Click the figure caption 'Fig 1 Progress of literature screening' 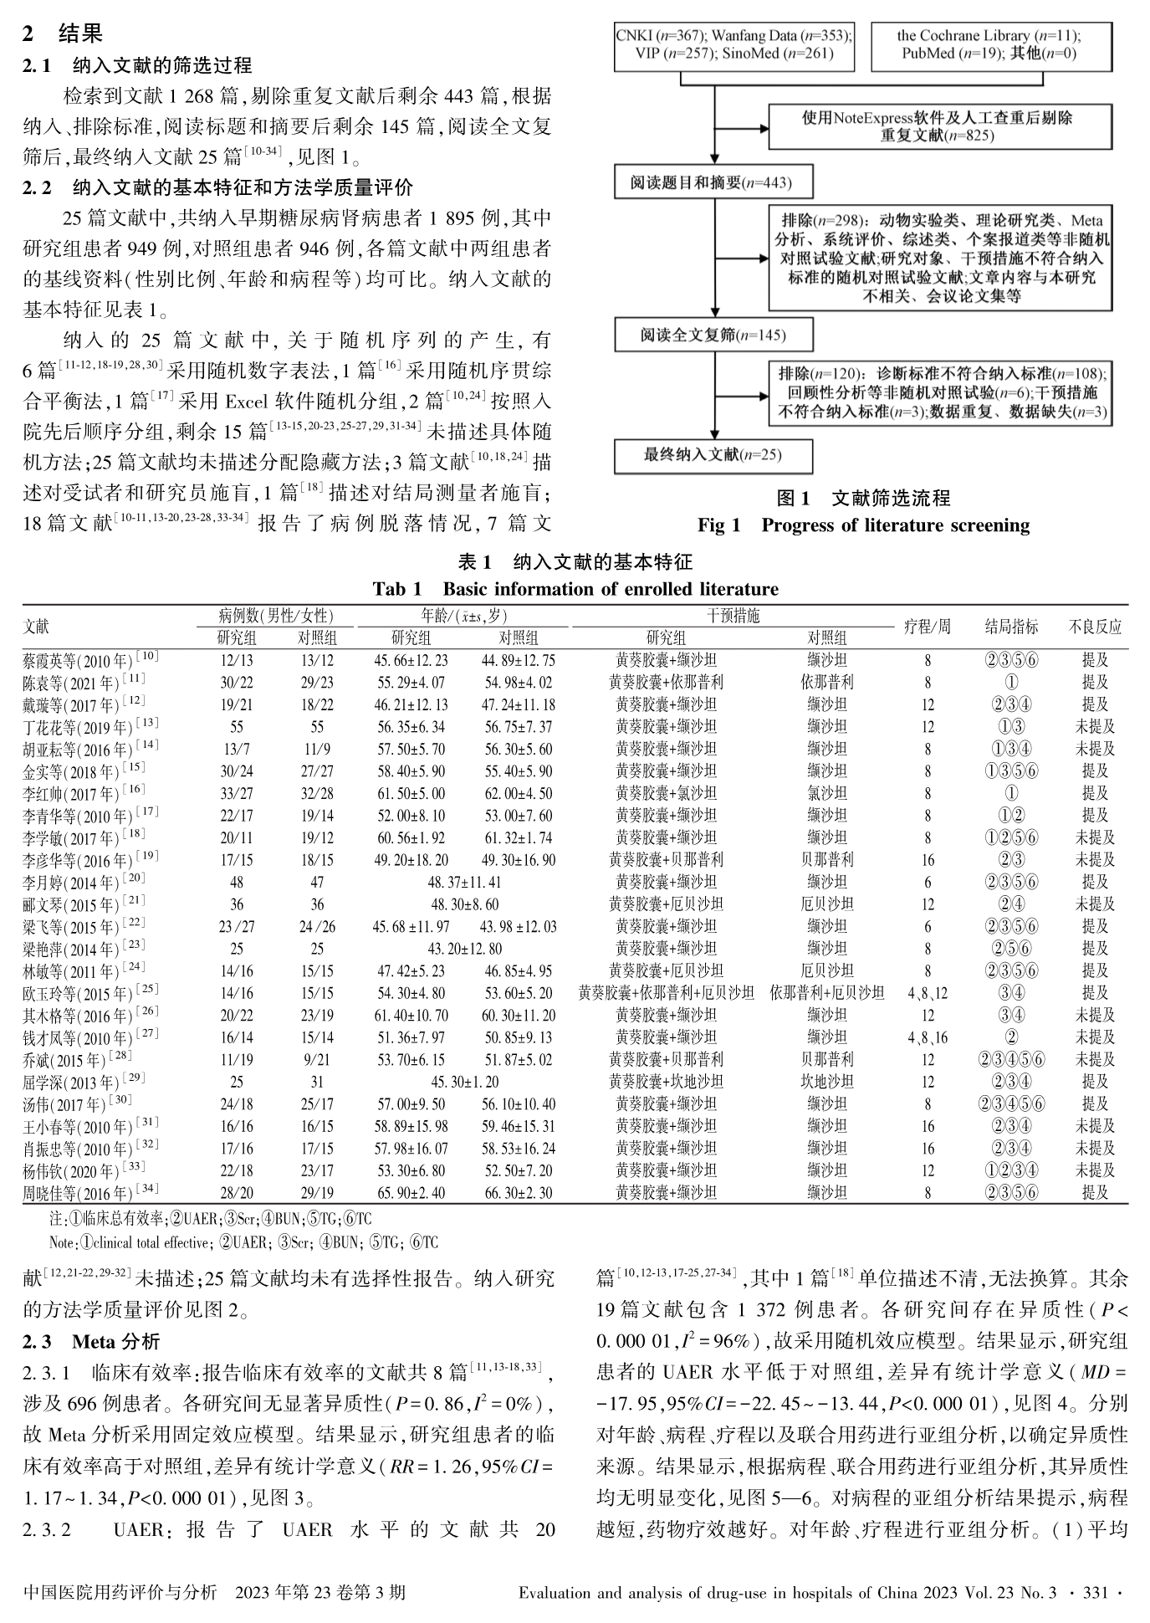point(863,525)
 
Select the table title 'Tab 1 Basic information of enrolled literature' point(575,589)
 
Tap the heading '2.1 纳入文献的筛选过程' point(137,65)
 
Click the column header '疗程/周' point(928,627)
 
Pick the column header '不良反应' point(1095,627)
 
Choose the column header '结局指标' point(1011,627)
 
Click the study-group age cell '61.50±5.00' point(410,793)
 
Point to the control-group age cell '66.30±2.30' point(519,1192)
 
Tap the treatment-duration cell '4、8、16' point(928,1037)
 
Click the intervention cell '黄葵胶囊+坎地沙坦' point(666,1082)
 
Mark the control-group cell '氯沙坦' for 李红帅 point(827,793)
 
